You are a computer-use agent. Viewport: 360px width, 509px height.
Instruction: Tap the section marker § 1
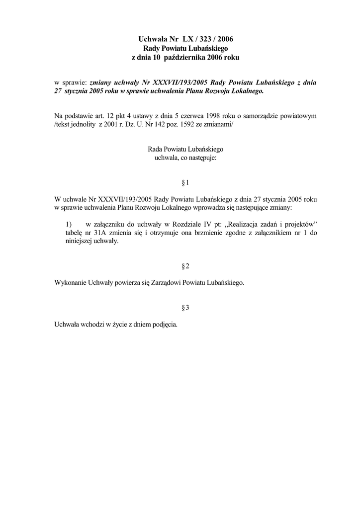coord(185,182)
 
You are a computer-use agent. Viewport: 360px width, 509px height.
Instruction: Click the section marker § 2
coord(185,267)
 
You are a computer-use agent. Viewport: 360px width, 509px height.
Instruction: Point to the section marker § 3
coord(185,308)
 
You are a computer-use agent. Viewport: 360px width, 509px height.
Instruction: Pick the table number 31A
coord(101,232)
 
